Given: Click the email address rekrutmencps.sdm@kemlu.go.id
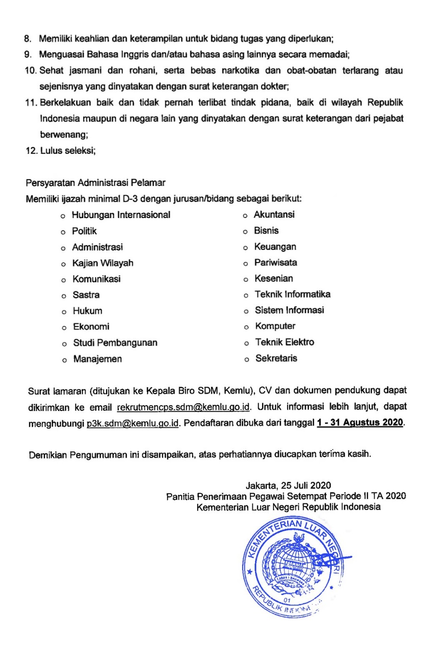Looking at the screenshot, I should pos(183,407).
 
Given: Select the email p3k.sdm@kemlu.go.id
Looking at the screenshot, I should pos(132,424).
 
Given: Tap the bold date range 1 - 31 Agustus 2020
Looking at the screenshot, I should pos(360,422).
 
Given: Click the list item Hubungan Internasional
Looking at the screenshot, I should pos(121,215).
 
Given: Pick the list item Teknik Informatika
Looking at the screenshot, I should pos(292,294).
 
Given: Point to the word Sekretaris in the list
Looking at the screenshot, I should pos(276,358).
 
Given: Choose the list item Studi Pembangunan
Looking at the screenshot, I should pos(115,343).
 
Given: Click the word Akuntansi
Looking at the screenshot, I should pos(274,215).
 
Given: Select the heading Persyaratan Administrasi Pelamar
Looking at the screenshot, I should pos(95,183).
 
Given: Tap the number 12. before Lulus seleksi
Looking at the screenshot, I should pos(32,151).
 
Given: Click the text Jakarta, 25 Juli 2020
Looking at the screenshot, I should pos(288,485).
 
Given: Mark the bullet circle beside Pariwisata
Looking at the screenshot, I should pos(246,263).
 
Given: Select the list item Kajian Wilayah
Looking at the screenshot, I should pos(102,263).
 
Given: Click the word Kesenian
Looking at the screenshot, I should pos(273,278).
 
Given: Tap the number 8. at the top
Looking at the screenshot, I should pos(28,39).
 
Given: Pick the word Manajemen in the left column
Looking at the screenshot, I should pos(97,359).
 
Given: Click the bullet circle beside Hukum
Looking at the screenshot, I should pos(64,312).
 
